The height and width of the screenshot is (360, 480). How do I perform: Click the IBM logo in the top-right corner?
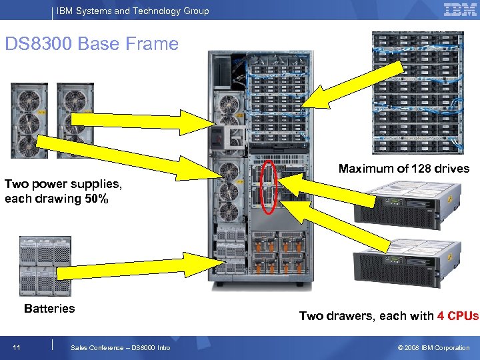point(459,10)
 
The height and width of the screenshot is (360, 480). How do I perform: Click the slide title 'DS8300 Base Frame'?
point(92,45)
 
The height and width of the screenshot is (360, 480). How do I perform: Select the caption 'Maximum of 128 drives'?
point(404,169)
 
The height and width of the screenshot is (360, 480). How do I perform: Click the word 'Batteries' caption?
point(49,309)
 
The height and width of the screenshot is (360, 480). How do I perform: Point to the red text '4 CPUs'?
point(458,316)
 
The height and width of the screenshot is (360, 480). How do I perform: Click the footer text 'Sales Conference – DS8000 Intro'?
point(120,347)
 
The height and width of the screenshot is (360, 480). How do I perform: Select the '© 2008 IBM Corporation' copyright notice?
point(433,347)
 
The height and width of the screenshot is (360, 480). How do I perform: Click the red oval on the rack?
point(269,186)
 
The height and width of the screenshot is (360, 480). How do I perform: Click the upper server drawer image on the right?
point(407,201)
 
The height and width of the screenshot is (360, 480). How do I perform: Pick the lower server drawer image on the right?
point(407,262)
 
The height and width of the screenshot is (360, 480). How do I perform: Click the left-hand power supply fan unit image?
point(29,120)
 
